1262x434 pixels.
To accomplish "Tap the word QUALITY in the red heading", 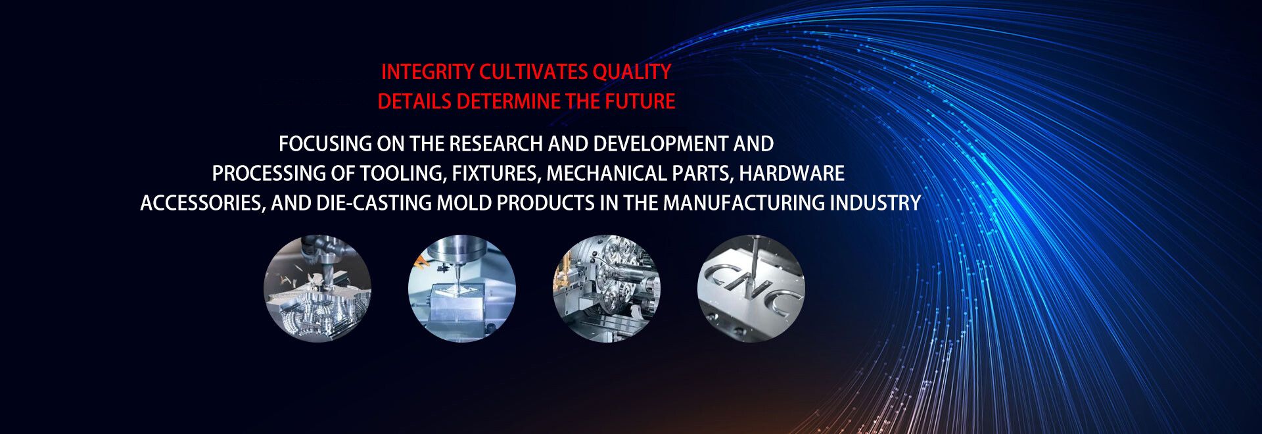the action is [x=632, y=72].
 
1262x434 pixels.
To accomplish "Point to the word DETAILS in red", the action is [x=414, y=101].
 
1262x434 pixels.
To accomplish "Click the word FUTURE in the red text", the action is [x=640, y=101].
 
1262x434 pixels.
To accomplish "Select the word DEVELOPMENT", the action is [x=661, y=143].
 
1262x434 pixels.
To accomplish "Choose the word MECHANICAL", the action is [x=607, y=173].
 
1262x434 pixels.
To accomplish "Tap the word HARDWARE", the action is [x=791, y=173].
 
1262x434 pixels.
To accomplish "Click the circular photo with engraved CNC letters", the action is [x=751, y=289].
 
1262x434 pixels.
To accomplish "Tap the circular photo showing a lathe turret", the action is [x=607, y=289].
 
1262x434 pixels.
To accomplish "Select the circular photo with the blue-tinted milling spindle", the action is [x=462, y=289].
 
